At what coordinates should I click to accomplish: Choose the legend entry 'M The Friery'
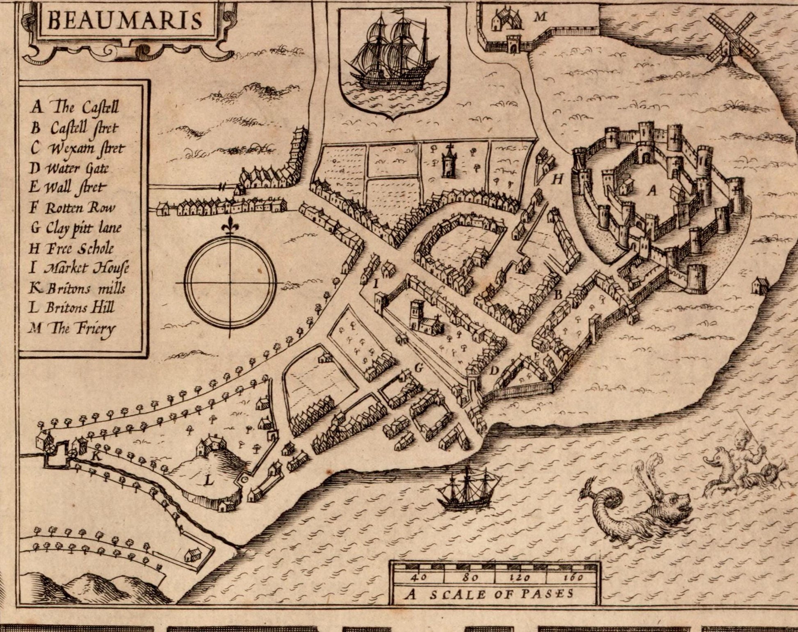point(73,329)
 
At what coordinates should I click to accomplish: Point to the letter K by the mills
point(96,456)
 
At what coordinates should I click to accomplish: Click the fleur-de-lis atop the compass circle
point(230,227)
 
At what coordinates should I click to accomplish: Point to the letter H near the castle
point(558,179)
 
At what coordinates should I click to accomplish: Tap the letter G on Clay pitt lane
point(418,369)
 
